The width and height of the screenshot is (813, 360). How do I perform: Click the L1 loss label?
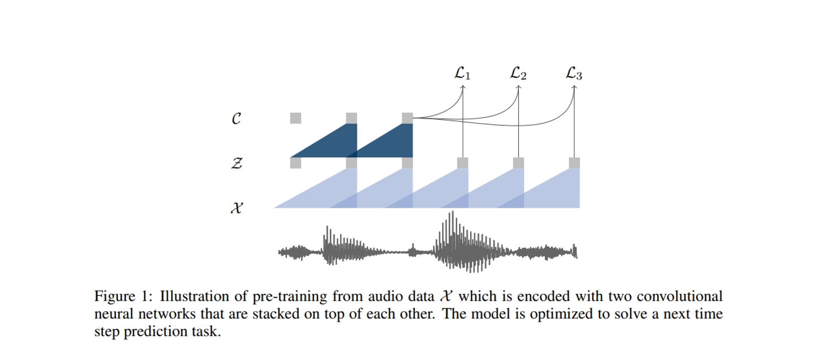coord(462,73)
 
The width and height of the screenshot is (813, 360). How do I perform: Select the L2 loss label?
coord(518,73)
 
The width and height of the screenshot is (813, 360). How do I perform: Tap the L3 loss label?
coord(574,73)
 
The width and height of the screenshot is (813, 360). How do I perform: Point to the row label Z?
coord(237,164)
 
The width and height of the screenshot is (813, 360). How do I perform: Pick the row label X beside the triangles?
coord(237,208)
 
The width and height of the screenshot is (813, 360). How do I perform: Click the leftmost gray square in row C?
coord(295,118)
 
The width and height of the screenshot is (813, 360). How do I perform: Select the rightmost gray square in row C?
coord(407,118)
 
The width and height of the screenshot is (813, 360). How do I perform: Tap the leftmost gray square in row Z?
coord(295,163)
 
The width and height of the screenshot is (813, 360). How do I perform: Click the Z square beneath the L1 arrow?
coord(462,163)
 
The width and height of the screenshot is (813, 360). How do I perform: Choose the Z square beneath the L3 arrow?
coord(574,163)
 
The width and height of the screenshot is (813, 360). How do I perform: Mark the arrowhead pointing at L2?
coord(518,87)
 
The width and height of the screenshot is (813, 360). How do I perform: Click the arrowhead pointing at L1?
coord(462,87)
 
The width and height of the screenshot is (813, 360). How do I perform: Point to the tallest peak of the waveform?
coord(451,215)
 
